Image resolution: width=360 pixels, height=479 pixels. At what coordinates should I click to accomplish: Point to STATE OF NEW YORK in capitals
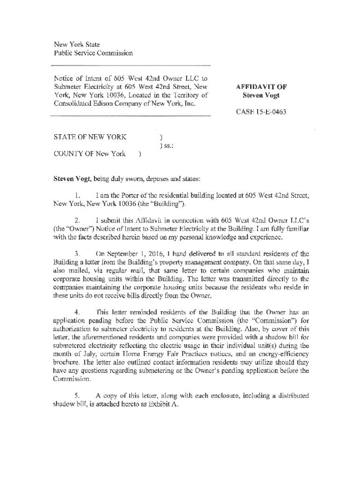point(89,137)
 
